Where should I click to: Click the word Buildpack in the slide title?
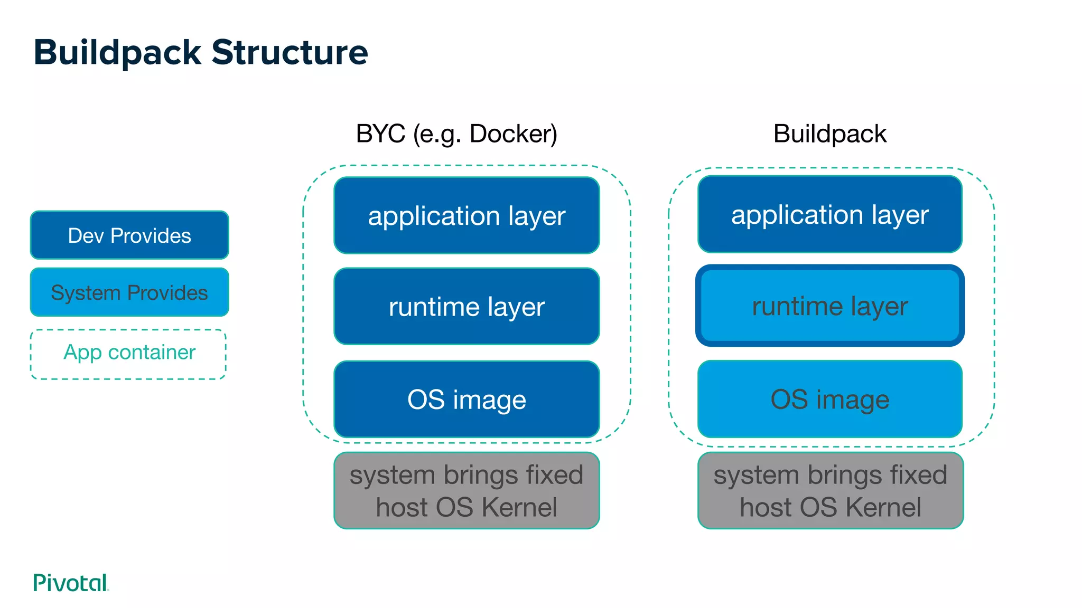(117, 53)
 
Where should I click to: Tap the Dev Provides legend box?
(129, 235)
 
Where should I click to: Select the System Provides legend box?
(129, 292)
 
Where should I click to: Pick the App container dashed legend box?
(128, 354)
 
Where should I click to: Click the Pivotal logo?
(71, 582)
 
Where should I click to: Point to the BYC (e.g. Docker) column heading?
(456, 134)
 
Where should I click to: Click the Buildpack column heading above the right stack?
(829, 134)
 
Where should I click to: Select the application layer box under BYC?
(467, 215)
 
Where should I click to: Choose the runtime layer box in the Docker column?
(467, 306)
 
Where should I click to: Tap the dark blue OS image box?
(467, 399)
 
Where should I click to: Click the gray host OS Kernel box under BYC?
(467, 490)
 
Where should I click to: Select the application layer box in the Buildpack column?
(830, 214)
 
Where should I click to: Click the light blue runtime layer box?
(830, 306)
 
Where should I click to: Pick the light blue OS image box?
(830, 399)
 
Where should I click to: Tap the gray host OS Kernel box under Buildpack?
(831, 490)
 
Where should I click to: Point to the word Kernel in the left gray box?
(519, 507)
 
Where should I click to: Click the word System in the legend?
(86, 293)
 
